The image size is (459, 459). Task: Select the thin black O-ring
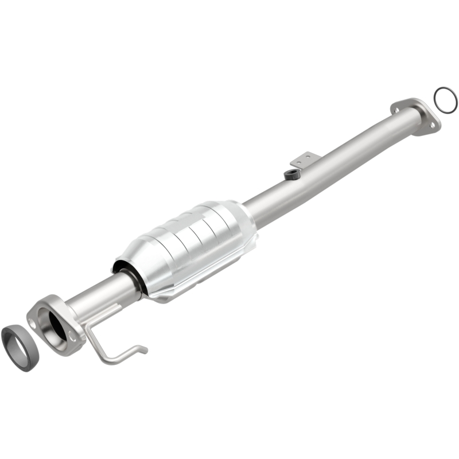pyautogui.click(x=446, y=100)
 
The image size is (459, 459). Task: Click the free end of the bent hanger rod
pyautogui.click(x=144, y=349)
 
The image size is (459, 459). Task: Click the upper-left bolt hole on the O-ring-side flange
pyautogui.click(x=396, y=107)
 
